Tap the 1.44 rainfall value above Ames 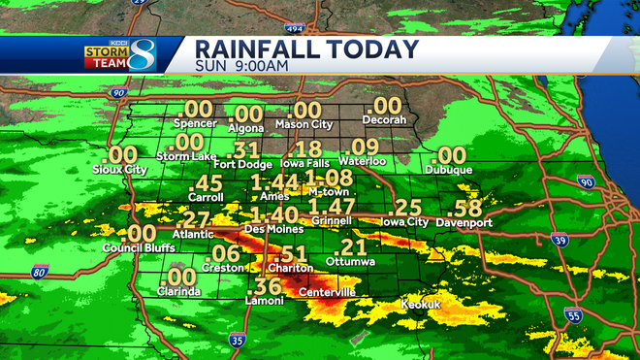pos(273,182)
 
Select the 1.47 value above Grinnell pos(332,206)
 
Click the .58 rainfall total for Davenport pos(467,207)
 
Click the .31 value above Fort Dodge pos(246,150)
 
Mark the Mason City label pos(305,125)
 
